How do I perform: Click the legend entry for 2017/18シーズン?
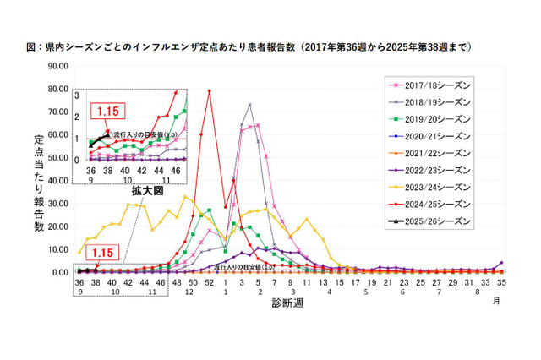pos(429,85)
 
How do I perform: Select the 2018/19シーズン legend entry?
pos(429,101)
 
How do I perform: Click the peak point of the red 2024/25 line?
pos(209,91)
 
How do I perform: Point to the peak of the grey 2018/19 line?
pos(249,105)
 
